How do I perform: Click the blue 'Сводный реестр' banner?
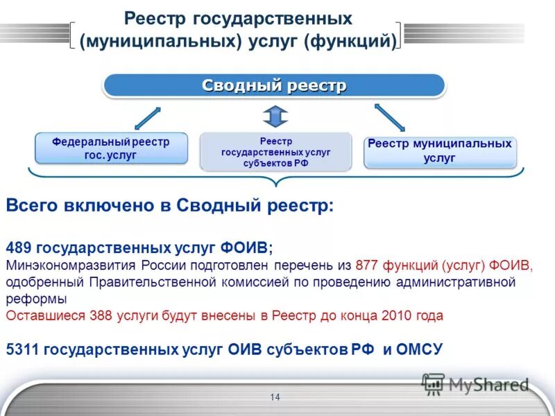[x=274, y=86]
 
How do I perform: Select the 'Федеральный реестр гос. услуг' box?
[x=111, y=148]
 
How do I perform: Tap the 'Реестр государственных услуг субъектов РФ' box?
[x=275, y=152]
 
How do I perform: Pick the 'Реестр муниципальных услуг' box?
[x=440, y=152]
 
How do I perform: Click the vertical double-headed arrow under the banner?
[x=275, y=116]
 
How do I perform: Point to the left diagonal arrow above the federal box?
[x=147, y=118]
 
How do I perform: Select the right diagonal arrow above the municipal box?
[x=390, y=116]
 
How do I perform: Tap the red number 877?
[x=367, y=265]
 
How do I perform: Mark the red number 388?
[x=101, y=315]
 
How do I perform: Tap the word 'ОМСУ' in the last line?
[x=419, y=349]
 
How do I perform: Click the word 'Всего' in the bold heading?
[x=31, y=206]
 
